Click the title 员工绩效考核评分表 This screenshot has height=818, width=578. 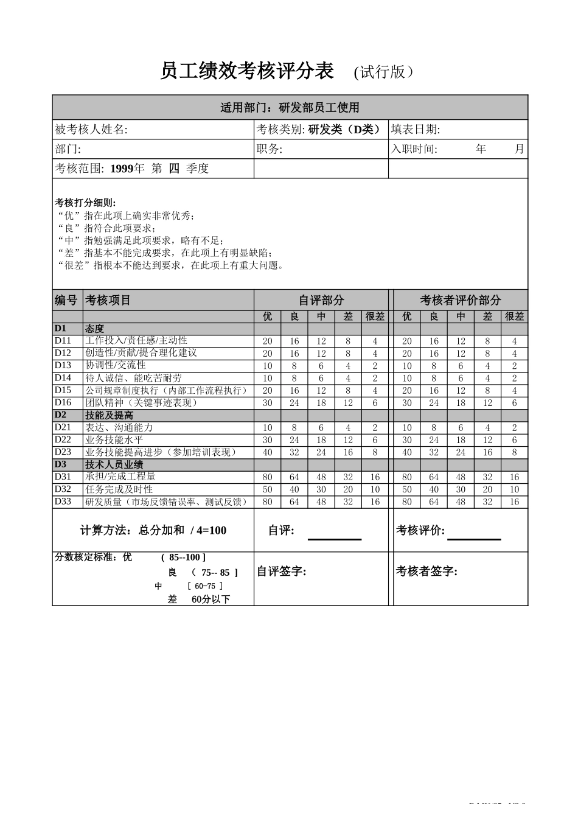point(247,72)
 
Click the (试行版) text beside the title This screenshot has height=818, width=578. point(385,72)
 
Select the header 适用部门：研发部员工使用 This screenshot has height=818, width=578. point(290,108)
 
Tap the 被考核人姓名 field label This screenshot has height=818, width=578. point(91,130)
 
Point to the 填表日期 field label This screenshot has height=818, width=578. point(415,130)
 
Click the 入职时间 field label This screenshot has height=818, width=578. point(414,149)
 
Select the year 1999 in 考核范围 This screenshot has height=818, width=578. point(122,169)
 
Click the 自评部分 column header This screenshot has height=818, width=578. point(321,300)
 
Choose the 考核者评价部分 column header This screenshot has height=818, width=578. point(460,300)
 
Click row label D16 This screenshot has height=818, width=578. point(63,403)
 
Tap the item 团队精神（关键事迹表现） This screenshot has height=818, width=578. point(142,403)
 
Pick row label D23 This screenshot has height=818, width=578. point(63,452)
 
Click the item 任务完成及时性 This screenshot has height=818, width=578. point(119,489)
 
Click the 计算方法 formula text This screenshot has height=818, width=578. point(153,531)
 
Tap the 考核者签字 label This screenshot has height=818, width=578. point(427,572)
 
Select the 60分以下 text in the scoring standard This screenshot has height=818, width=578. point(211,600)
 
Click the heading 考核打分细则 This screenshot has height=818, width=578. point(85,203)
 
